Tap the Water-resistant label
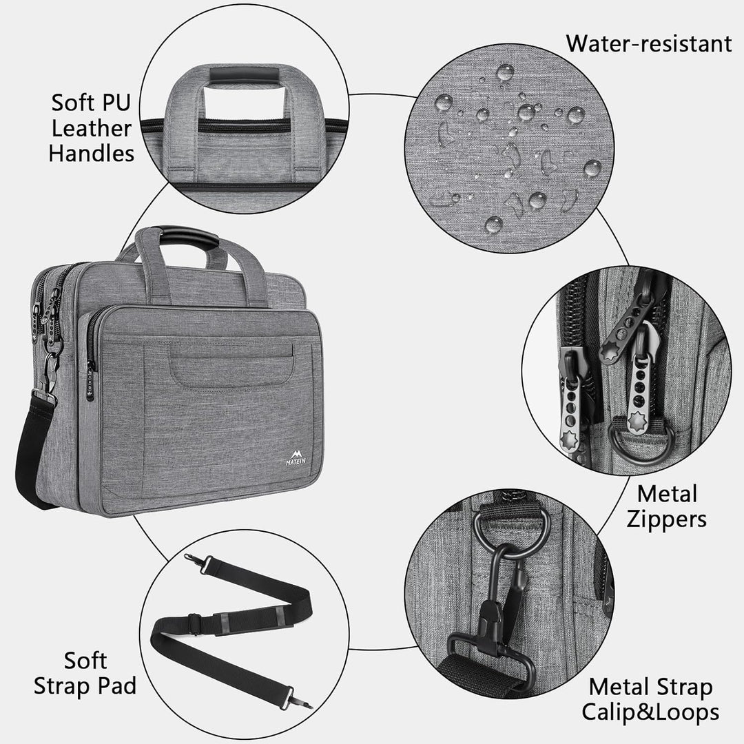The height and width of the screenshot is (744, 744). [x=648, y=43]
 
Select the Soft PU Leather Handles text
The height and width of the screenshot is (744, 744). [x=92, y=128]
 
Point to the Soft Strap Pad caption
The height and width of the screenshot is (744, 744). [x=85, y=673]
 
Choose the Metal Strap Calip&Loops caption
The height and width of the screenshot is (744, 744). [x=650, y=699]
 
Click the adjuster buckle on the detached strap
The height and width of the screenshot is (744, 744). [x=194, y=624]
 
